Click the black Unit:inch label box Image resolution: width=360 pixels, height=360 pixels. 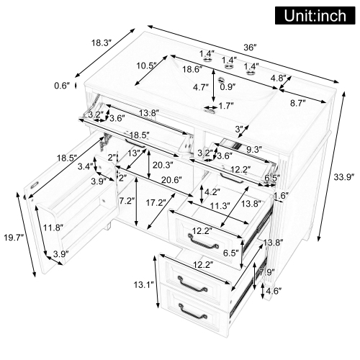coord(315,15)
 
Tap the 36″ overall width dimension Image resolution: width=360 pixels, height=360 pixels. coord(250,48)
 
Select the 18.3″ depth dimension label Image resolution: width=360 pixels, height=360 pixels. coord(102,43)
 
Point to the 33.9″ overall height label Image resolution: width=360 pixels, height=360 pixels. coord(344,177)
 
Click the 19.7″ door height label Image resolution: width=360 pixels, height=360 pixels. coord(14,238)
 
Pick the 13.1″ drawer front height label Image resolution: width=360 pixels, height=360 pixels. coord(143,285)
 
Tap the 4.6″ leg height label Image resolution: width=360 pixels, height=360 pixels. coord(274,291)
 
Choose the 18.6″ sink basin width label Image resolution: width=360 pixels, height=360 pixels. coord(192,69)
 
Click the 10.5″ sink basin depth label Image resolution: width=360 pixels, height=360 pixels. coord(147,66)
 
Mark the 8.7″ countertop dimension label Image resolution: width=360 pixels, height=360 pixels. coord(298,103)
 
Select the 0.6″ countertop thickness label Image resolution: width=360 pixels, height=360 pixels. coord(62,86)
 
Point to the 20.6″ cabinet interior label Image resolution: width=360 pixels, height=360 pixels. coord(171,179)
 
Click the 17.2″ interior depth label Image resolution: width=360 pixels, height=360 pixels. coord(156,203)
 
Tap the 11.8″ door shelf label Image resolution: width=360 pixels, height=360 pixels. coord(53,227)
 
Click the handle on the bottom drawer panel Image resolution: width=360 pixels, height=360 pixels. coord(192,312)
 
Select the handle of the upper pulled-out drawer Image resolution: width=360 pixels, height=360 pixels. coord(203,242)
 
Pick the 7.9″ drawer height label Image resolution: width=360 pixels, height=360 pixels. coord(266,272)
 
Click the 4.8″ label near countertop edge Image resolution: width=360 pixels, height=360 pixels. coord(279,78)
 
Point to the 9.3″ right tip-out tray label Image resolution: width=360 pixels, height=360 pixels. coord(254,150)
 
